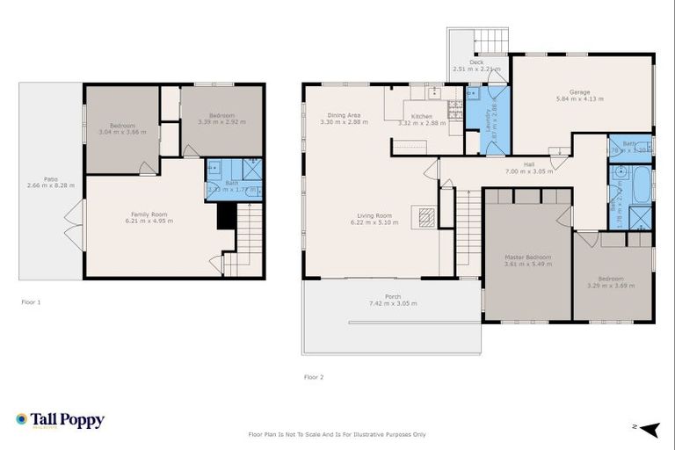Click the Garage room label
pyautogui.click(x=579, y=91)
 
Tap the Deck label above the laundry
pyautogui.click(x=475, y=62)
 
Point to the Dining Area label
pyautogui.click(x=344, y=116)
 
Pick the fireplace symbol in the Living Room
pyautogui.click(x=426, y=217)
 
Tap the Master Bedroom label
pyautogui.click(x=526, y=257)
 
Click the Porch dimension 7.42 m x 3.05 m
pyautogui.click(x=392, y=303)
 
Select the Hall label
pyautogui.click(x=529, y=164)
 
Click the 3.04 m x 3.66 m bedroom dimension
pyautogui.click(x=122, y=132)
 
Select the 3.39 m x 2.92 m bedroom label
pyautogui.click(x=221, y=115)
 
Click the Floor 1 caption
pyautogui.click(x=31, y=301)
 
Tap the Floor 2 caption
pyautogui.click(x=314, y=377)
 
